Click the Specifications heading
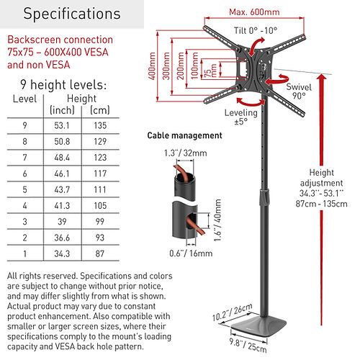coord(72,14)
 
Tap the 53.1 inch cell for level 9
coord(62,125)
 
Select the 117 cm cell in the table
coord(100,174)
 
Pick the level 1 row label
coord(25,253)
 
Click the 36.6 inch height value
coord(62,238)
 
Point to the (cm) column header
coord(100,110)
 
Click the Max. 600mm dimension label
coord(254,12)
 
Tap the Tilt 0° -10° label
coord(256,30)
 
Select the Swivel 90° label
coord(299,91)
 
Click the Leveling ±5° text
coord(241,117)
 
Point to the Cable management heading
coord(184,135)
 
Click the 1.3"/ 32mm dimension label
coord(185,153)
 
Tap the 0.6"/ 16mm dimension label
coord(191,253)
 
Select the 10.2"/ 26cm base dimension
coord(233,312)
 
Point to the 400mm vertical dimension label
coord(152,66)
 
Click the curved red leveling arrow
coord(251,102)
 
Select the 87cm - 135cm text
coord(321,204)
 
